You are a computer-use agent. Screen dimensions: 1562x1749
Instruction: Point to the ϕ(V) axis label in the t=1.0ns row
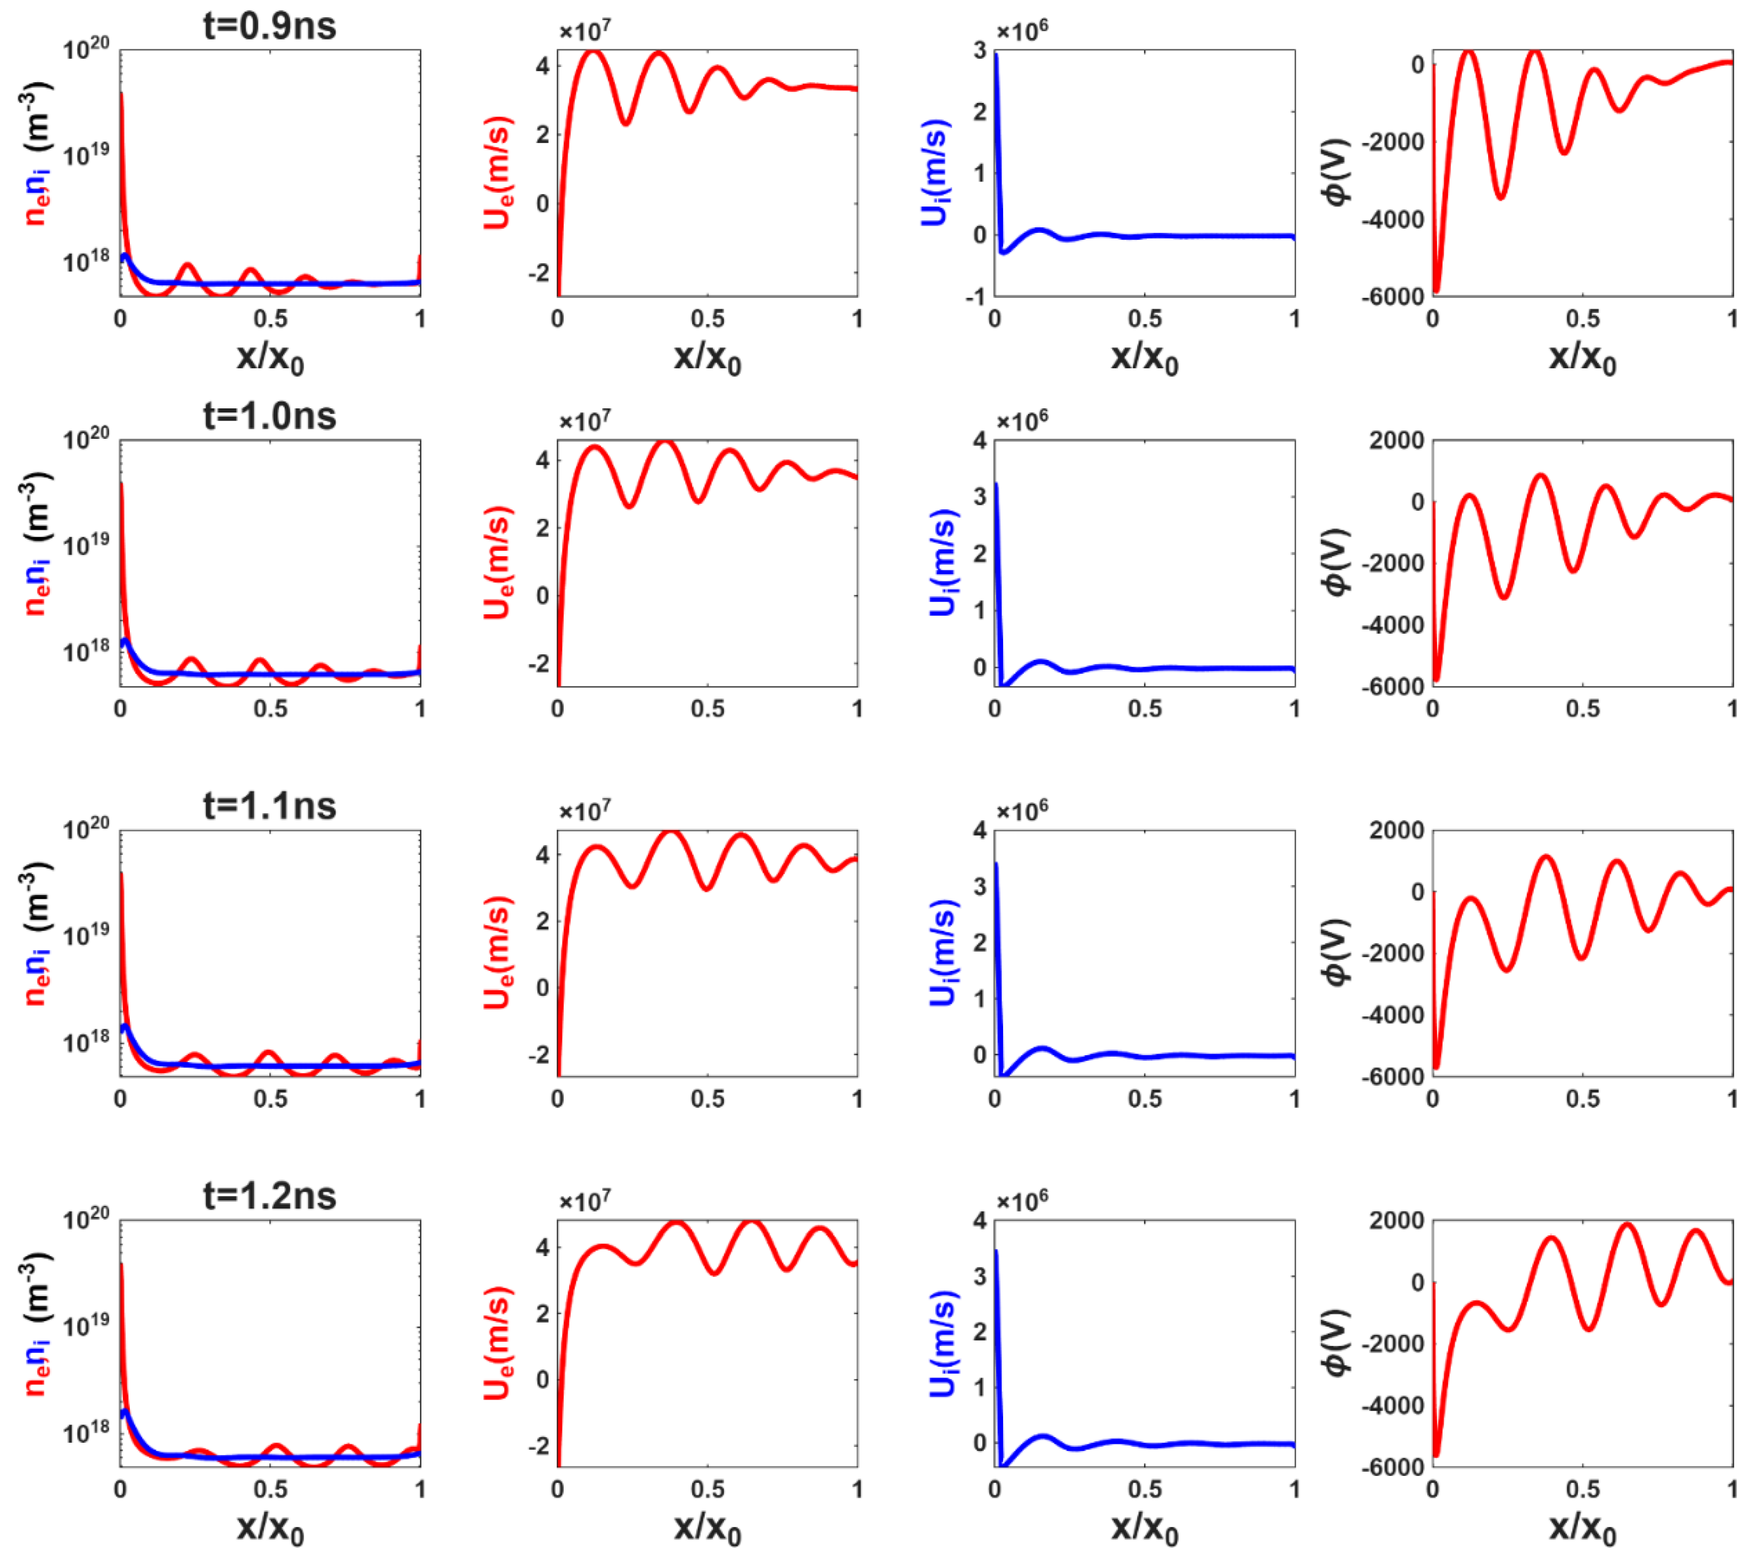(1335, 562)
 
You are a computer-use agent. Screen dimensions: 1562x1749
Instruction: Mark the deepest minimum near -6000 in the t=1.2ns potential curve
(1436, 1455)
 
